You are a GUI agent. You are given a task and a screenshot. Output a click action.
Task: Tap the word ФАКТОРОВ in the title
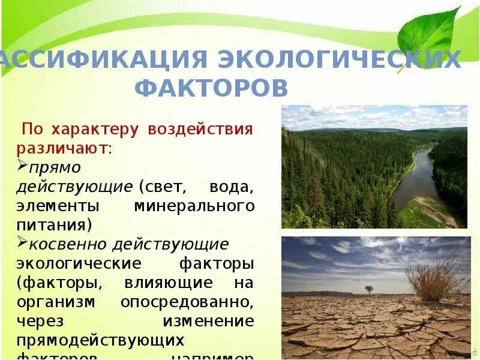tap(212, 88)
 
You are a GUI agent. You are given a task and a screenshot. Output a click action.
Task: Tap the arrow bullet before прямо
tap(22, 164)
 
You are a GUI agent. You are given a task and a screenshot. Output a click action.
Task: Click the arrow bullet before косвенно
tap(22, 243)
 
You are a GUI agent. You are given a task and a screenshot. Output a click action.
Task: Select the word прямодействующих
tap(100, 340)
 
